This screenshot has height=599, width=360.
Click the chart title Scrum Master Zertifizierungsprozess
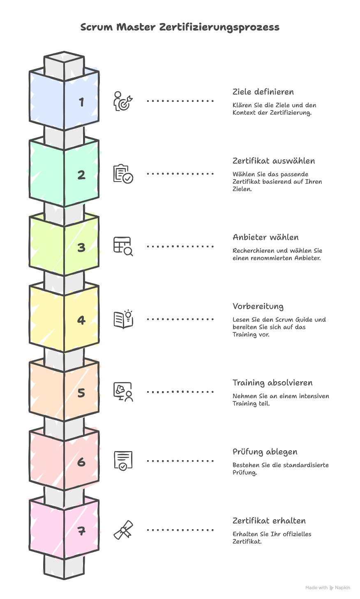(x=180, y=27)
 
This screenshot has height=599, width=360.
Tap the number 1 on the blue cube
(x=82, y=102)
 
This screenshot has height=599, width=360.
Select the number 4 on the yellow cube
(x=81, y=320)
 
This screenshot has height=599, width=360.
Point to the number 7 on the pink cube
(x=81, y=531)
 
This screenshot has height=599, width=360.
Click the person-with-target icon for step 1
(x=123, y=101)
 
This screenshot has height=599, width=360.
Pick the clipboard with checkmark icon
(x=123, y=174)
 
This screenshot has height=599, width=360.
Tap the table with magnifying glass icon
(x=123, y=247)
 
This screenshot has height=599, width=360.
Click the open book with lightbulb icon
(x=123, y=319)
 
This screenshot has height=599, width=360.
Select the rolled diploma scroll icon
(x=123, y=530)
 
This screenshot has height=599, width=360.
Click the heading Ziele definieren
(x=263, y=92)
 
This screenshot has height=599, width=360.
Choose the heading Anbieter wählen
(x=265, y=237)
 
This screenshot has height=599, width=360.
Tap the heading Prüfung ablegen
(x=265, y=452)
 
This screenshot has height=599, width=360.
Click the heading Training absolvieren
(x=272, y=382)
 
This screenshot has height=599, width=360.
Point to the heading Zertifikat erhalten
(x=269, y=521)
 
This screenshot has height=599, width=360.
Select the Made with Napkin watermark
(x=328, y=587)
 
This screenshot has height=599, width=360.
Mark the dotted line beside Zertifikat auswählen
(x=180, y=174)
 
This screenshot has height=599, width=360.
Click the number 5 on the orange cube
(x=81, y=393)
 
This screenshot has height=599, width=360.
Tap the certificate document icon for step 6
(x=123, y=461)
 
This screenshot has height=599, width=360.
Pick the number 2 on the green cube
(x=81, y=175)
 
